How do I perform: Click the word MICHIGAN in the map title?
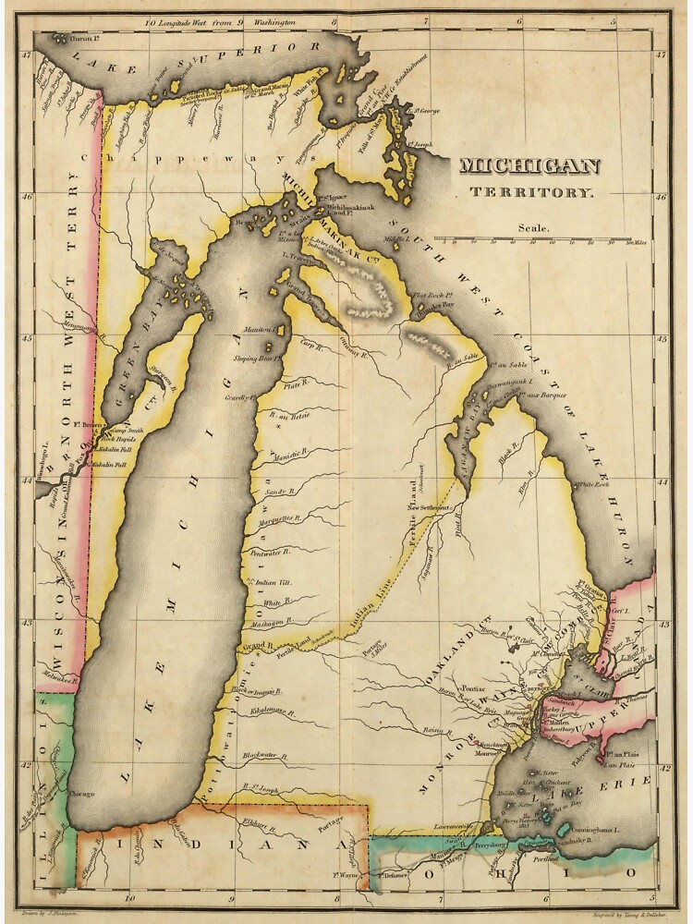529,167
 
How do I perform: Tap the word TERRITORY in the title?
530,192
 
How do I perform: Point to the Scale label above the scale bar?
533,227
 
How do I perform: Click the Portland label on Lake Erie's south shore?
546,858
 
